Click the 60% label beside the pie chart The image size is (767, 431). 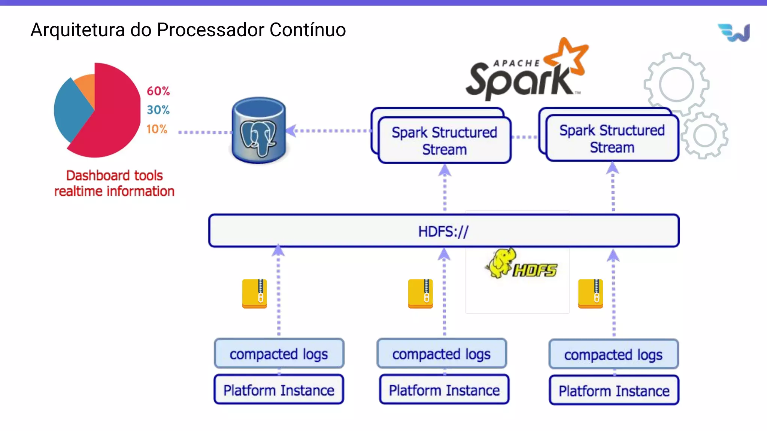(x=158, y=91)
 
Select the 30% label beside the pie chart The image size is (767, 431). (x=158, y=110)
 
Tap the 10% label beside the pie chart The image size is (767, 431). (x=157, y=129)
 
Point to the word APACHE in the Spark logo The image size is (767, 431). (x=516, y=63)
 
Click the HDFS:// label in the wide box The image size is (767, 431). (x=443, y=232)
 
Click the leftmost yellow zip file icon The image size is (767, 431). (x=255, y=294)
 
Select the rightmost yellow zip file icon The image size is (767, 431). (x=591, y=294)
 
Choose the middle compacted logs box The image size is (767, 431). (x=442, y=354)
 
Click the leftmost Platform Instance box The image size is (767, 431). (x=279, y=390)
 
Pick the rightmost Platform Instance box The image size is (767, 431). (x=614, y=391)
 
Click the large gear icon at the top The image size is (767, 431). (x=676, y=84)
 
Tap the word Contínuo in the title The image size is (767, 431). (x=307, y=30)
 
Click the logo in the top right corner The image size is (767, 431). (x=734, y=33)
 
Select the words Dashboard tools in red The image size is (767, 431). (x=114, y=175)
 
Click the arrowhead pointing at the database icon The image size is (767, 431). (x=291, y=131)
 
